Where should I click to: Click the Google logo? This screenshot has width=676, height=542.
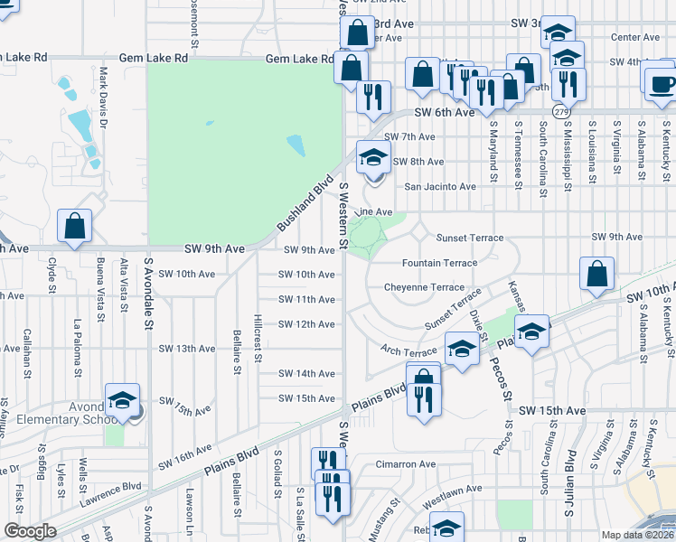(x=29, y=531)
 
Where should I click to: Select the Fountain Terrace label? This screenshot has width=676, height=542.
(x=439, y=263)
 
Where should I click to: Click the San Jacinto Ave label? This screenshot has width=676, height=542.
(x=439, y=187)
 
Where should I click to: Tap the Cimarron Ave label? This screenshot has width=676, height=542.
(x=406, y=464)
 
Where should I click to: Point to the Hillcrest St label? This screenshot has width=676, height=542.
(x=258, y=338)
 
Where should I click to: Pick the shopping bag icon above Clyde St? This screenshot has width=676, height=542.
(x=74, y=227)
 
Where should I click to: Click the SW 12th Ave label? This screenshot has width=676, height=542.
(x=306, y=324)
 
